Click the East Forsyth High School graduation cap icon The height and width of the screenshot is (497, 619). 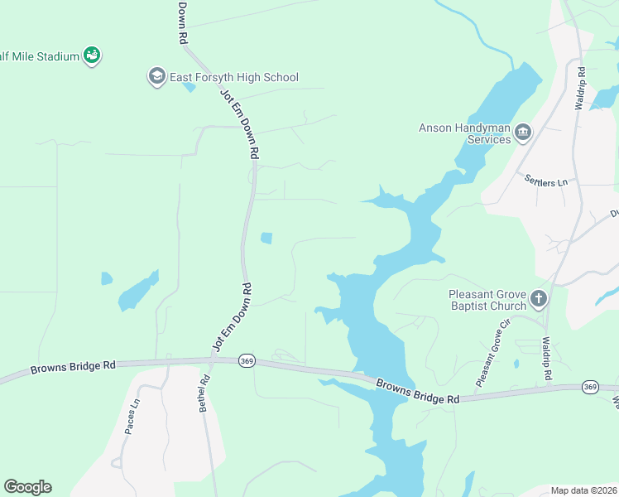pos(156,77)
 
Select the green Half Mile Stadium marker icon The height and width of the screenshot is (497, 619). pos(92,55)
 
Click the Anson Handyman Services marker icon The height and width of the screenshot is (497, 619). pos(522,131)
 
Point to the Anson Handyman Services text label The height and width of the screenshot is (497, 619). pos(465,133)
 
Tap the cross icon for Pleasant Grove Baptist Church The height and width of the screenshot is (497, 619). pos(539,297)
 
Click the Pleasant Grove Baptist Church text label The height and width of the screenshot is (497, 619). pos(487,300)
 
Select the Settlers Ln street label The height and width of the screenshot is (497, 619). pos(546,180)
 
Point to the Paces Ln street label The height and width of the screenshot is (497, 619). pos(131,418)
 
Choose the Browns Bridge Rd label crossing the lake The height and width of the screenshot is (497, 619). pos(417,392)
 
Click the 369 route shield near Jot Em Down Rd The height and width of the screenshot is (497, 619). pos(246,360)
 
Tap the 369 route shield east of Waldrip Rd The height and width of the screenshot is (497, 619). pos(589,387)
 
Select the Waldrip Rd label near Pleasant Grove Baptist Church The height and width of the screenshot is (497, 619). pos(545,359)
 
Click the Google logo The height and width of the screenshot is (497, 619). pos(27,487)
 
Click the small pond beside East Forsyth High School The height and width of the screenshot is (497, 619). pos(189,86)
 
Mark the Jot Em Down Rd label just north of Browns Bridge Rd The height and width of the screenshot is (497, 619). pos(233,317)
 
